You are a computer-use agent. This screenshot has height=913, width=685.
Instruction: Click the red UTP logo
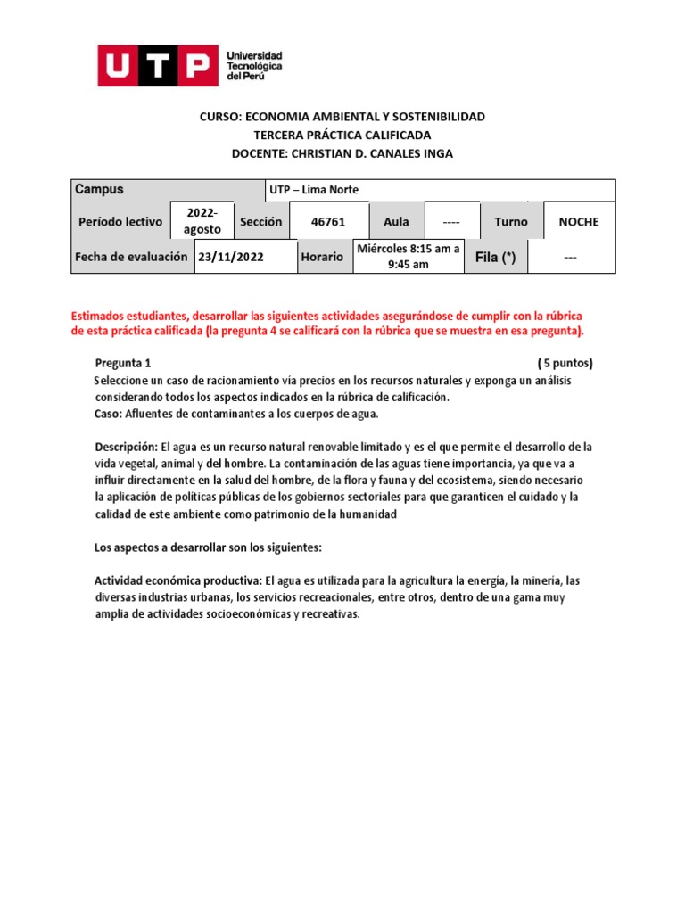point(158,66)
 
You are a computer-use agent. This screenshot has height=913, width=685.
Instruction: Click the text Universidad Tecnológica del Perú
point(255,66)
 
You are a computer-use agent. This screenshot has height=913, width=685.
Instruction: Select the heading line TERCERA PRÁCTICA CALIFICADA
point(342,135)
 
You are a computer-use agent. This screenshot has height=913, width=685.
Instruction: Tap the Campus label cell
point(99,190)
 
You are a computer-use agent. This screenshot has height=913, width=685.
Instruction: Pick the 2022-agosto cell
point(201,221)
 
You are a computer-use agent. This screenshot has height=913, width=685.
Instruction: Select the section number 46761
point(326,221)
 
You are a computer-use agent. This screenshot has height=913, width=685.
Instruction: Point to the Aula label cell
point(396,221)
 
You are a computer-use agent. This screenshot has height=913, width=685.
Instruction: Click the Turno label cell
point(510,221)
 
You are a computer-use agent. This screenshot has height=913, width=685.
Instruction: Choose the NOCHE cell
point(579,221)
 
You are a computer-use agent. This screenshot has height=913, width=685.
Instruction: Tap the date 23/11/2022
point(232,257)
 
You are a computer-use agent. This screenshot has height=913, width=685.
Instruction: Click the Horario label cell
point(322,257)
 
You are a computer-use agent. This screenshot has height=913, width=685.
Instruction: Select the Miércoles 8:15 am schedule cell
point(409,257)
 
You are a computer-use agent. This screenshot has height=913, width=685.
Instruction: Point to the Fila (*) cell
point(495,257)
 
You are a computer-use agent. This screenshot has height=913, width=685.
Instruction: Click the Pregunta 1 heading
point(123,363)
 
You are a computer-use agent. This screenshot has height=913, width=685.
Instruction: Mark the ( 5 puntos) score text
point(565,363)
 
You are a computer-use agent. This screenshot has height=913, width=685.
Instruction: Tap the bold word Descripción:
point(126,447)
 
